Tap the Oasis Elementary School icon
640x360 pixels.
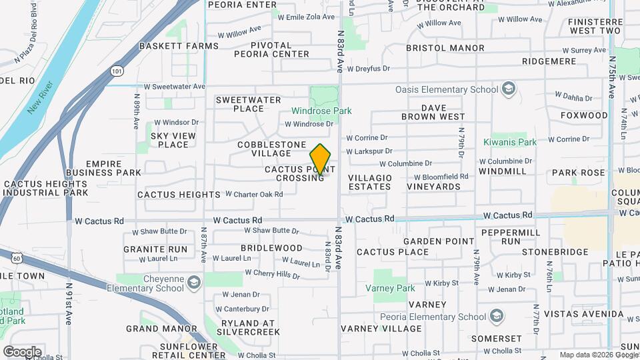coord(509,89)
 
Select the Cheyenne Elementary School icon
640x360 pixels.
coord(193,283)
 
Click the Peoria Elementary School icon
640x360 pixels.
coord(497,316)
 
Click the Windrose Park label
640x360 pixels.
coord(321,111)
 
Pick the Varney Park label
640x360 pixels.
coord(390,289)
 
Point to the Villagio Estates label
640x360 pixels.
coord(369,182)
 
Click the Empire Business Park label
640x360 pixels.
coord(113,167)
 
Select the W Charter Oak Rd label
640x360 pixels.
coord(254,194)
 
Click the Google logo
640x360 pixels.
coord(22,351)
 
